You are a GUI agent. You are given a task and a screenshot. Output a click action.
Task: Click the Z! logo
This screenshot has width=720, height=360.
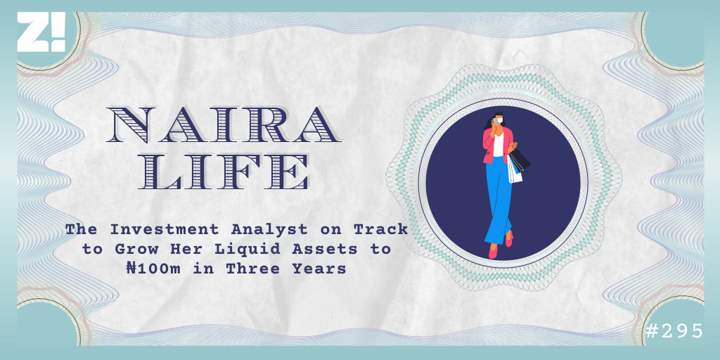tap(41, 32)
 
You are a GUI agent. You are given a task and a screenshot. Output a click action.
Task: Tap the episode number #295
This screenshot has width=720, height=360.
tap(674, 330)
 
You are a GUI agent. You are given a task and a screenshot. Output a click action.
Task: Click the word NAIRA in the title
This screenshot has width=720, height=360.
tap(223, 125)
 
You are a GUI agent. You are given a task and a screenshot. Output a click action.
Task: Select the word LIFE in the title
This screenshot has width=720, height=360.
tap(223, 172)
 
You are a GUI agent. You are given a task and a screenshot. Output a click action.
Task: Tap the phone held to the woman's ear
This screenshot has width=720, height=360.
tap(494, 122)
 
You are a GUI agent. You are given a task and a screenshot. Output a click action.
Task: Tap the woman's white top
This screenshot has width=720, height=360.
tap(499, 144)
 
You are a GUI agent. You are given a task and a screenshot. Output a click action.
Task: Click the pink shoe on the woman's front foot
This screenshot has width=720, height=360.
tap(493, 252)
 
